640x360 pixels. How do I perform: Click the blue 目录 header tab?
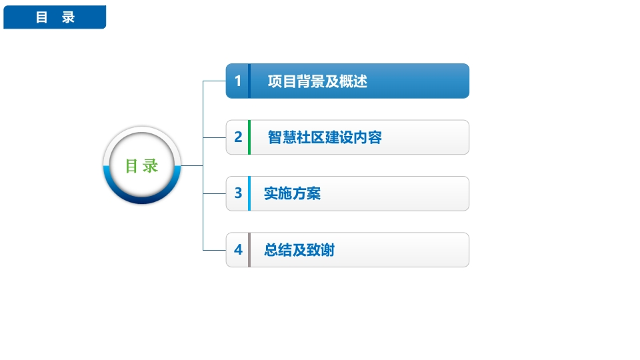(55, 17)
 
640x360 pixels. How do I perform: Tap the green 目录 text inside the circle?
(141, 166)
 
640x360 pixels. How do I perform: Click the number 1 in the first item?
(238, 81)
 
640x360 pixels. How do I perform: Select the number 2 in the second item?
(238, 137)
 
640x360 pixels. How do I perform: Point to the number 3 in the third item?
(238, 193)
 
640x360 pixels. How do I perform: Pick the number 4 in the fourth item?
(238, 249)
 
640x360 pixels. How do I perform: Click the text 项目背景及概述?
(317, 81)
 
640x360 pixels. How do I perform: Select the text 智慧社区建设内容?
(325, 137)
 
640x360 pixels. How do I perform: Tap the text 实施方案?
(292, 193)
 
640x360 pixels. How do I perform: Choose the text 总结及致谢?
(299, 250)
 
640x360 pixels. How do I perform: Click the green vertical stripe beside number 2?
(249, 137)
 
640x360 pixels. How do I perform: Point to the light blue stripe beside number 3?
(249, 193)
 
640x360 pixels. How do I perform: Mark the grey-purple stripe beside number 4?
(249, 250)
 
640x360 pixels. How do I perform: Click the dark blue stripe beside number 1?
(249, 81)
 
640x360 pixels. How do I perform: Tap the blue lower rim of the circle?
(141, 199)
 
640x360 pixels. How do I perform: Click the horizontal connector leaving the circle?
(191, 166)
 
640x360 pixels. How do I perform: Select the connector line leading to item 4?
(214, 250)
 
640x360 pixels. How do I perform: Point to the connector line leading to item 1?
(214, 81)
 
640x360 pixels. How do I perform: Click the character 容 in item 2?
(375, 137)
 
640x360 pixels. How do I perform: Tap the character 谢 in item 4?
(328, 250)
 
